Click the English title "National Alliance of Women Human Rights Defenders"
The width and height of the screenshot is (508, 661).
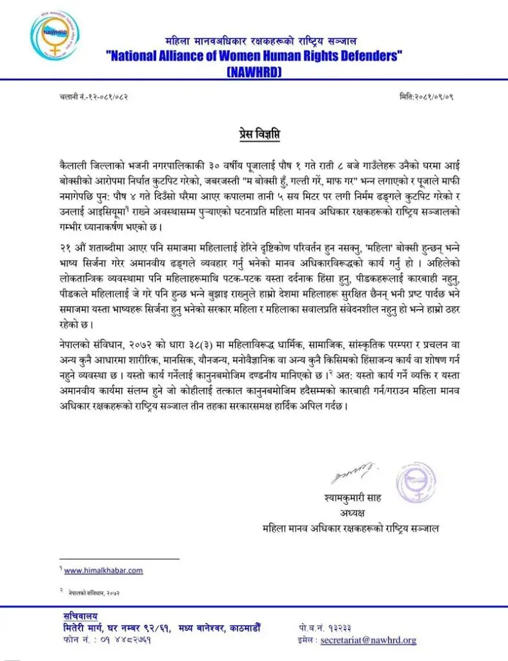[x=254, y=56]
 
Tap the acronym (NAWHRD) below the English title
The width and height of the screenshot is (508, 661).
[x=254, y=72]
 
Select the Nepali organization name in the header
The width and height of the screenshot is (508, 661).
[x=254, y=41]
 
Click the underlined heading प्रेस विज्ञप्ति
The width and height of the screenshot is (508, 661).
[x=254, y=134]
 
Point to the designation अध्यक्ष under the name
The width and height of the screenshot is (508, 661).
[x=351, y=514]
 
